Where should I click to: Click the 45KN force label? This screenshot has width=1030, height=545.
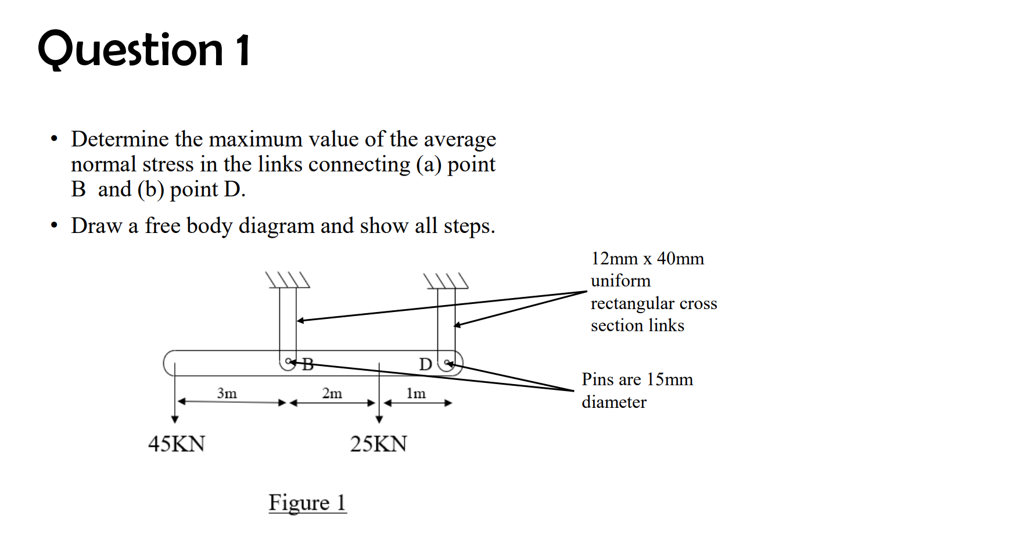(x=177, y=444)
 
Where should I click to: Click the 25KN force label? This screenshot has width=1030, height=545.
(x=378, y=444)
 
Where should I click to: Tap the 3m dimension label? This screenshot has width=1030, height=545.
(x=227, y=393)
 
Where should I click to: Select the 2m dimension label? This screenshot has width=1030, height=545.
(x=332, y=393)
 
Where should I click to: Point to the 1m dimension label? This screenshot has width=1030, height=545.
(x=416, y=393)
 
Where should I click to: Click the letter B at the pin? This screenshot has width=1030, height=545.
(x=308, y=364)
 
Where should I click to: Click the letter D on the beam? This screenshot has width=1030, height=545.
(x=425, y=364)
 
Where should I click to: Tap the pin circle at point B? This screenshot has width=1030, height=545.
(x=288, y=363)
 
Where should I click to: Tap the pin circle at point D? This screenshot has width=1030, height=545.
(x=447, y=364)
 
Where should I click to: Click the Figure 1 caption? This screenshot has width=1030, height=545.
(x=307, y=503)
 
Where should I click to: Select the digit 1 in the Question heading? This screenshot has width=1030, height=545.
(x=243, y=50)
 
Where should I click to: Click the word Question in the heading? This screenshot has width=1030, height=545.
(x=131, y=50)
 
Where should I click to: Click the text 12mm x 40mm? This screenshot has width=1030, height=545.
(x=647, y=259)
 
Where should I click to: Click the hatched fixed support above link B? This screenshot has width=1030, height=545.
(x=288, y=281)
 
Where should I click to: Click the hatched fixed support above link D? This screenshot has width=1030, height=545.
(x=446, y=281)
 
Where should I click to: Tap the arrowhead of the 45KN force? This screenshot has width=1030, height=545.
(x=175, y=419)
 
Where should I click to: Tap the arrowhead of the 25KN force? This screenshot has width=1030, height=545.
(x=379, y=419)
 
